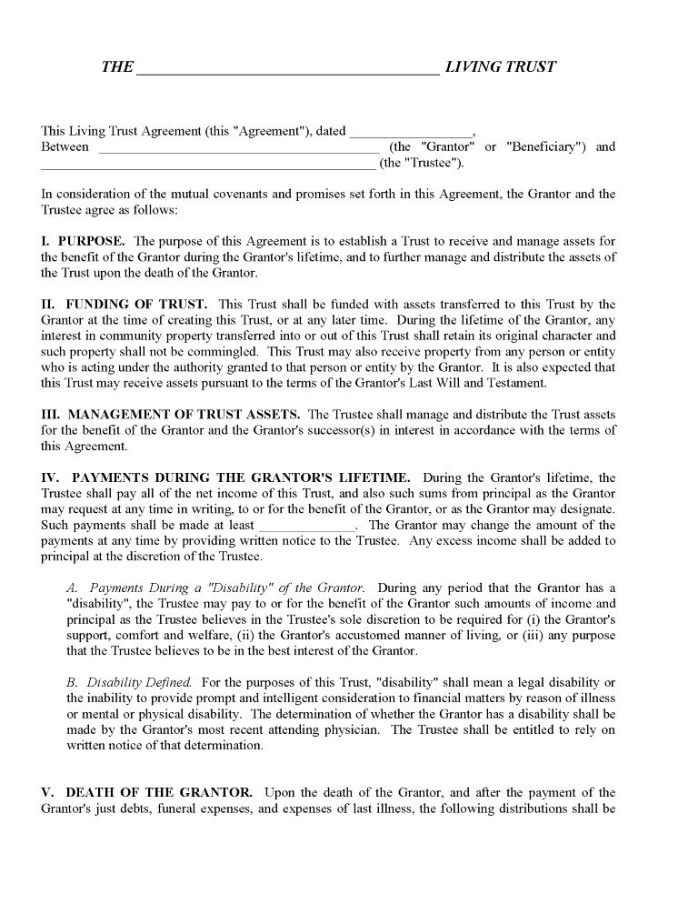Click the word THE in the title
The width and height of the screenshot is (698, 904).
click(117, 67)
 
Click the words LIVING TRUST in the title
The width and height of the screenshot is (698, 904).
click(500, 67)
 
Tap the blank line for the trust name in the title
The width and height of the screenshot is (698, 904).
click(287, 70)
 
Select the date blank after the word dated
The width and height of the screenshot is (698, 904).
click(411, 134)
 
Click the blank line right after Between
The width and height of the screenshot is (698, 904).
click(238, 149)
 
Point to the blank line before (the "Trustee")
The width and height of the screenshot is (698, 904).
click(208, 166)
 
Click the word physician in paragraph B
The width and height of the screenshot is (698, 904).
click(356, 730)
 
